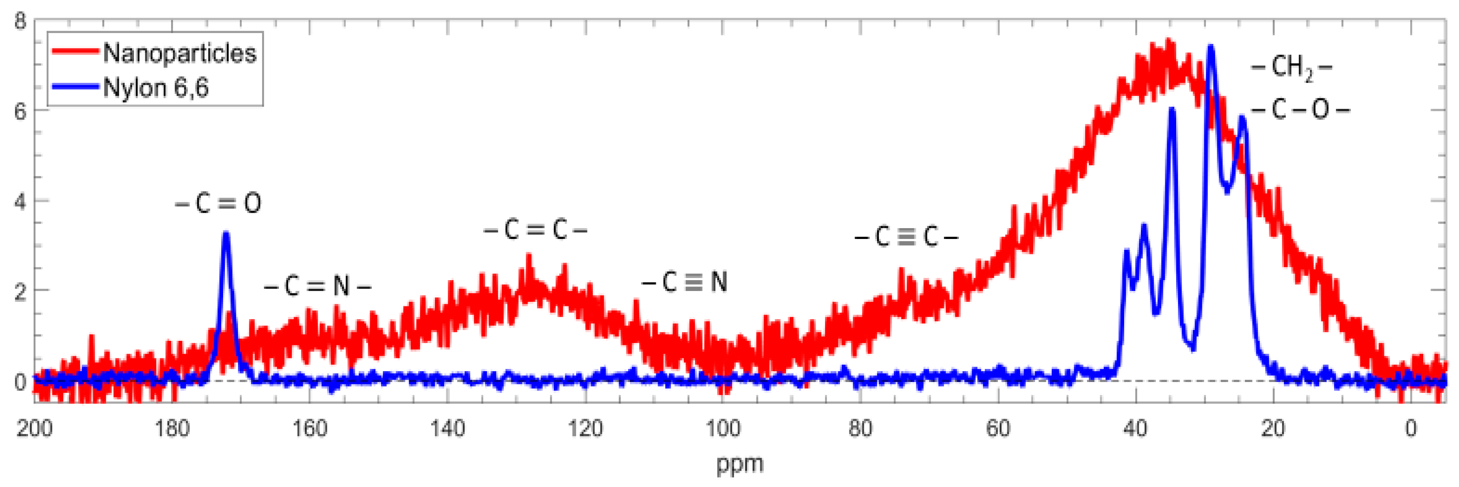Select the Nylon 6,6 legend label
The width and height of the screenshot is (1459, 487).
tap(155, 88)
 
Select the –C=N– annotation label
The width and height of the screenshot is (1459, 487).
tap(317, 286)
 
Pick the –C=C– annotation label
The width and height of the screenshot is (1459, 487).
tap(535, 230)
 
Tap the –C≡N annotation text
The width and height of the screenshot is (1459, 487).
tap(684, 282)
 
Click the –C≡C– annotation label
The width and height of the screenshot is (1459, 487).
tap(906, 237)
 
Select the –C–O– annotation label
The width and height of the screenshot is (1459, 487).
tap(1301, 109)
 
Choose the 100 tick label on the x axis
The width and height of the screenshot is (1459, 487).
tap(723, 429)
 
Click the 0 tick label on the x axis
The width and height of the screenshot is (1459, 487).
tap(1411, 429)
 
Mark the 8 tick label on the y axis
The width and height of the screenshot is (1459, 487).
tap(20, 22)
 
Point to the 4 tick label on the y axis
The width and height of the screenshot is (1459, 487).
tap(20, 201)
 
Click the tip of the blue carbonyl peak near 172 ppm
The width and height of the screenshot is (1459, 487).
tap(226, 233)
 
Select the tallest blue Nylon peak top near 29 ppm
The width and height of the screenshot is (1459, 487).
tap(1211, 47)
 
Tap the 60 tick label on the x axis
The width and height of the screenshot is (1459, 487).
tap(998, 429)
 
